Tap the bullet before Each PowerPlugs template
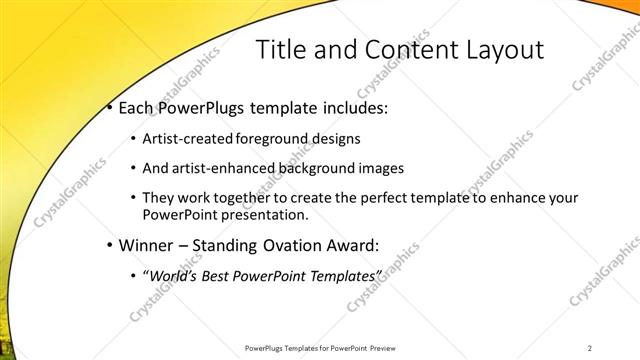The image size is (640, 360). tap(109, 107)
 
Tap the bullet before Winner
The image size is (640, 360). tap(109, 244)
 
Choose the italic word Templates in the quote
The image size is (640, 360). tap(345, 275)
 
